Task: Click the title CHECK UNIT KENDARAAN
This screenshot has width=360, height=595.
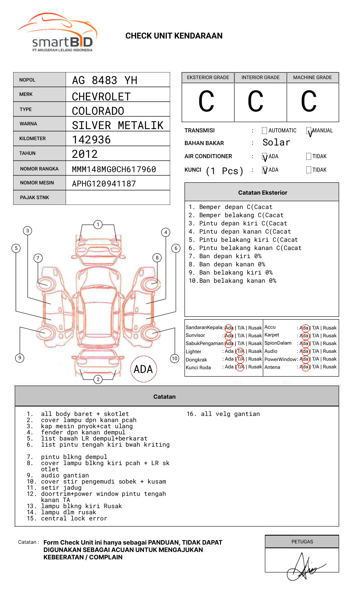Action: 174,36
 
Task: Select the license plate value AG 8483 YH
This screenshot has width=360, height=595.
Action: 105,80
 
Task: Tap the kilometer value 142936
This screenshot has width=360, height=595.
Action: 91,140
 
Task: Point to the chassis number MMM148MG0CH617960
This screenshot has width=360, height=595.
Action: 114,169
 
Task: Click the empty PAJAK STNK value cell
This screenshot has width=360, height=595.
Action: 118,198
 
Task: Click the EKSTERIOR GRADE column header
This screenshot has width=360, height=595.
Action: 208,77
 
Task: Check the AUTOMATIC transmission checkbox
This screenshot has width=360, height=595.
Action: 264,131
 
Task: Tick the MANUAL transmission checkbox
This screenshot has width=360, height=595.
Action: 309,131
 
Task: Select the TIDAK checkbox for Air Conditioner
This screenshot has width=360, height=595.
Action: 309,157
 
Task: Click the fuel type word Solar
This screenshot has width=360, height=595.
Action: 276,143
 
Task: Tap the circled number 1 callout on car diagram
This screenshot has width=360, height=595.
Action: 98,225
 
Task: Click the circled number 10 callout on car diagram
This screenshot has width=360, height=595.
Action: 175,359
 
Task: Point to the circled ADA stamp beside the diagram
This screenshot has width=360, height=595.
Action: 144,369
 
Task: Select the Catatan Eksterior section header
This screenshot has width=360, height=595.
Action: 262,193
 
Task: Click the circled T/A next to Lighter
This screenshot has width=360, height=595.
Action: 240,352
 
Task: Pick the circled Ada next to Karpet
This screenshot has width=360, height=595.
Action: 304,336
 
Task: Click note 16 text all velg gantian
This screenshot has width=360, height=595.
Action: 223,414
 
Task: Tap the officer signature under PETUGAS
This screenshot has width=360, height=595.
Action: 303,568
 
